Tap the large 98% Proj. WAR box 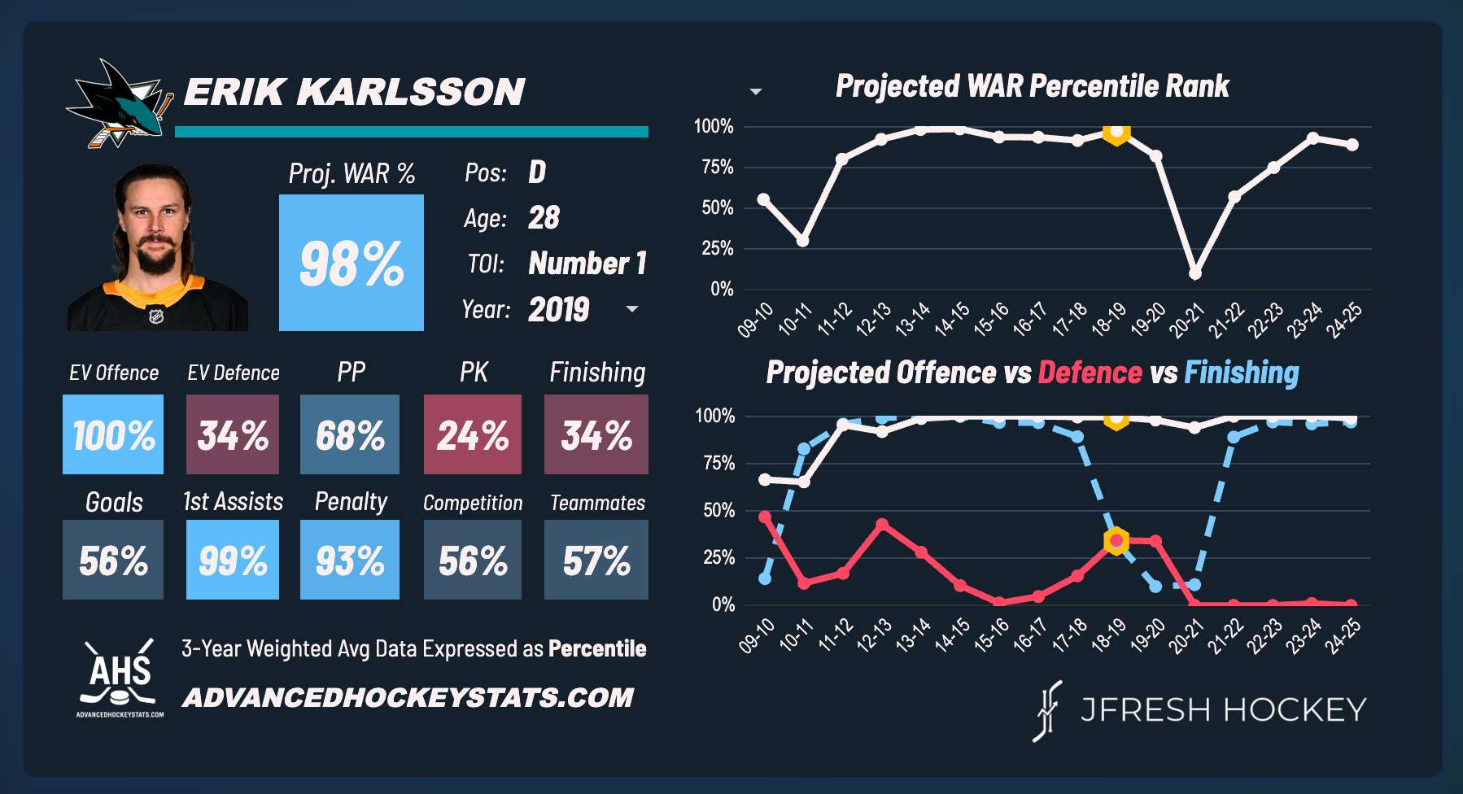(351, 263)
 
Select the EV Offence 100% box (113, 434)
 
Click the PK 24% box (472, 434)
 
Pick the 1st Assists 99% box (233, 560)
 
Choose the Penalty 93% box (350, 560)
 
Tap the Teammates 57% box (596, 560)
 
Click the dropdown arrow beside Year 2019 (632, 309)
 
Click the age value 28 (544, 218)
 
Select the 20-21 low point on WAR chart (1194, 273)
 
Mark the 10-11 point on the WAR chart (802, 241)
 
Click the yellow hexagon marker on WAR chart (1116, 132)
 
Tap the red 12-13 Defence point (882, 525)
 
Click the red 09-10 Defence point (765, 517)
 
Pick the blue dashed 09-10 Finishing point (765, 578)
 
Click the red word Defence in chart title (1090, 373)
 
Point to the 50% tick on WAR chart (718, 208)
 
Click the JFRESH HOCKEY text (1223, 710)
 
